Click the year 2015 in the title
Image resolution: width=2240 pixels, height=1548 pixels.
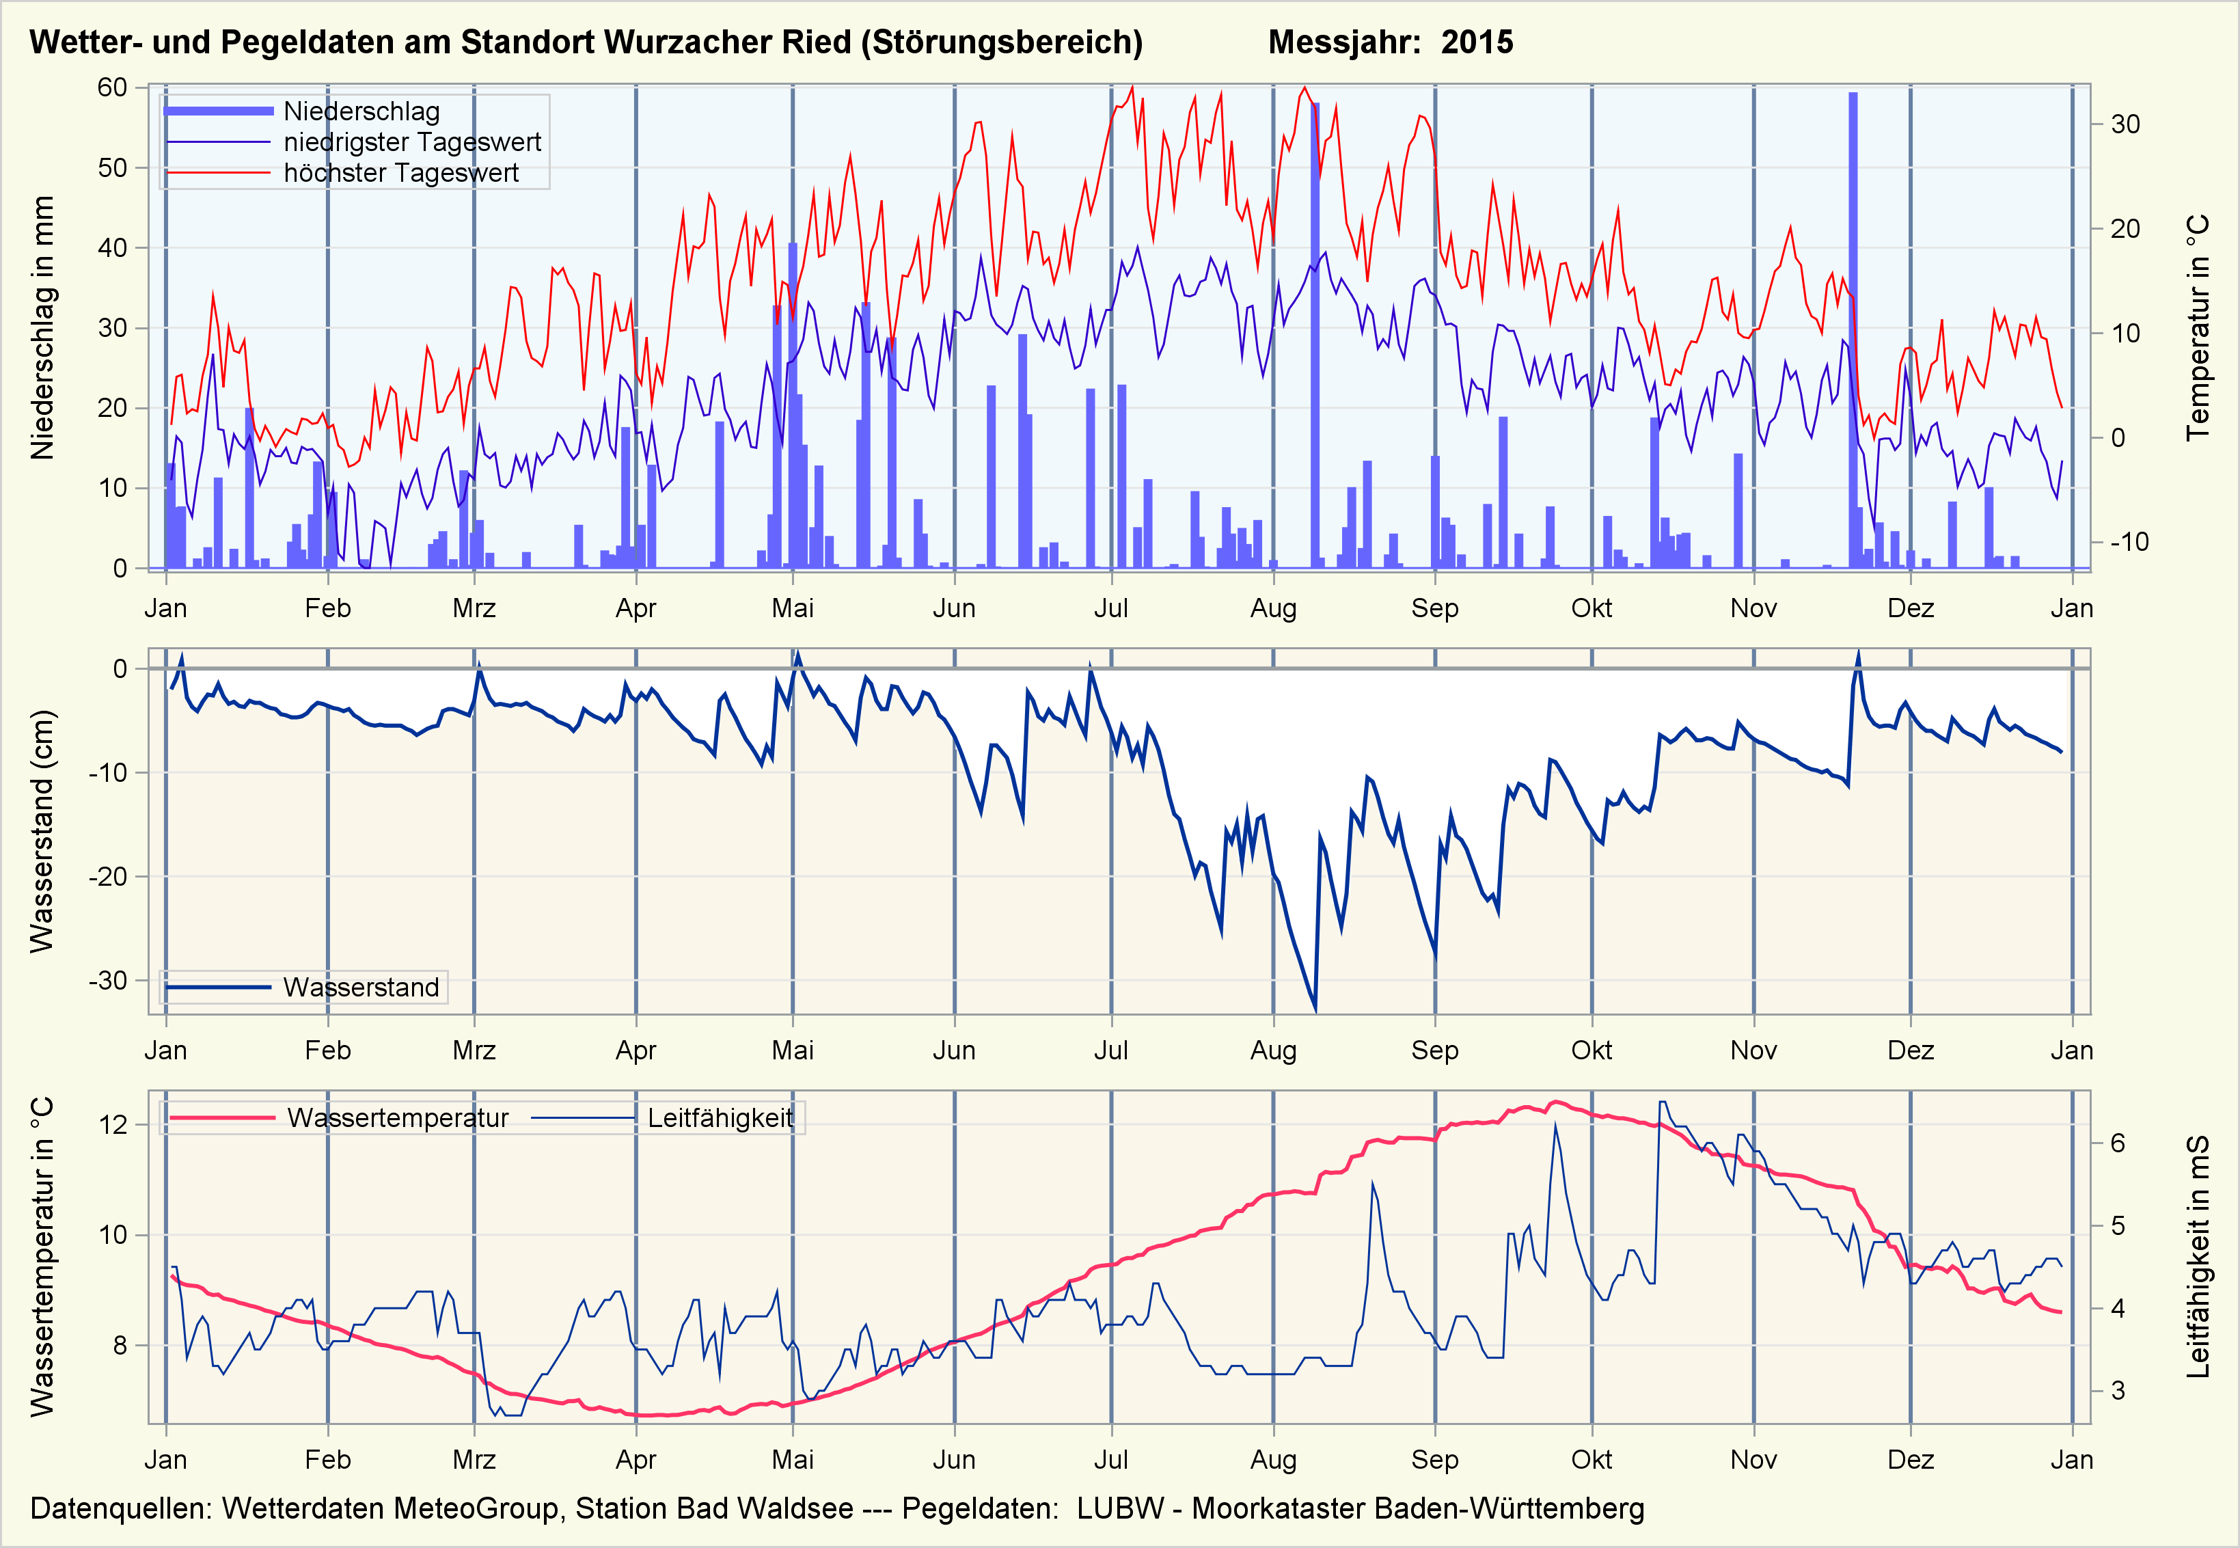[1476, 42]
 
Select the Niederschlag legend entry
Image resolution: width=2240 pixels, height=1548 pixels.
[361, 111]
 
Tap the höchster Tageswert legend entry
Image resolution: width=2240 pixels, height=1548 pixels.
[400, 174]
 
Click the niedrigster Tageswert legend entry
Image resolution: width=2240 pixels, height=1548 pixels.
[411, 143]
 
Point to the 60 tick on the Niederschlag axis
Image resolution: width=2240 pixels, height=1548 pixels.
[113, 87]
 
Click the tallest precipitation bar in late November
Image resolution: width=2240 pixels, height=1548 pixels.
[1853, 330]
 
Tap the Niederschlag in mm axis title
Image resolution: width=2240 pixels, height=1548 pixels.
[42, 328]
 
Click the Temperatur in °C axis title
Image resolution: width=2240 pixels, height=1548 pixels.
[2198, 328]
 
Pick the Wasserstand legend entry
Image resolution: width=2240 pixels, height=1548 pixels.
[361, 988]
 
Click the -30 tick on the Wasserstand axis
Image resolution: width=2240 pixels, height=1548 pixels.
[109, 981]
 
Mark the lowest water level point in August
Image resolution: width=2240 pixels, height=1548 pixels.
[1315, 1009]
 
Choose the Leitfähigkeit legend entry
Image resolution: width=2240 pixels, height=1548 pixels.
[720, 1118]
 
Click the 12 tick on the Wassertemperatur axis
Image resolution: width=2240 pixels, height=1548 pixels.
[113, 1125]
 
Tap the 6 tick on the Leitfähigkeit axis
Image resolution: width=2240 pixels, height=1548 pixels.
[2118, 1143]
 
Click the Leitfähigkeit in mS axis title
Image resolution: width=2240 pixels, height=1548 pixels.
[2198, 1257]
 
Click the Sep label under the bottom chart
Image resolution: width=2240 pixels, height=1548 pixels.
[1434, 1460]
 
